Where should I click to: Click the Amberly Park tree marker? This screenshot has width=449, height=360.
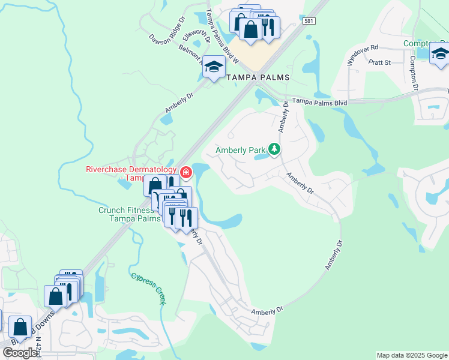[274, 148]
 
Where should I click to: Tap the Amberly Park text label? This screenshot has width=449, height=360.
[240, 150]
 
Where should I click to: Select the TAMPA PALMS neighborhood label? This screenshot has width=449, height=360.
[258, 78]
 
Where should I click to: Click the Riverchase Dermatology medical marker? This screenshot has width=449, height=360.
[186, 173]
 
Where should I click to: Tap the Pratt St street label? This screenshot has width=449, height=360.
[379, 62]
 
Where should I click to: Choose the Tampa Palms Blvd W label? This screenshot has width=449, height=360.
[222, 36]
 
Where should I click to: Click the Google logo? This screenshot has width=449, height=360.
[20, 353]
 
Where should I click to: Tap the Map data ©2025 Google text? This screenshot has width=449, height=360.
[412, 355]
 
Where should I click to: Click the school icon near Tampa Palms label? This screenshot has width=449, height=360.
[213, 68]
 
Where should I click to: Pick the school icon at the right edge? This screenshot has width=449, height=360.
[439, 53]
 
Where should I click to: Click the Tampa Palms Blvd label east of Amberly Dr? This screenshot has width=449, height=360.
[319, 103]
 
